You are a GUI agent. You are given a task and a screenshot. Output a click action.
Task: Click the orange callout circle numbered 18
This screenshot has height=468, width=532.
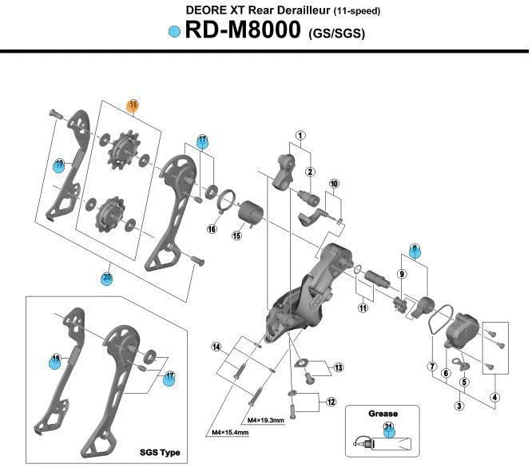coord(133,105)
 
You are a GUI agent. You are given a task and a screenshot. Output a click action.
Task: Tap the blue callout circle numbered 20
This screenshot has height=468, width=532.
coord(106,278)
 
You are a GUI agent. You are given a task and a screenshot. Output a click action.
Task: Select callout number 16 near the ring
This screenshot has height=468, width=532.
coord(212,229)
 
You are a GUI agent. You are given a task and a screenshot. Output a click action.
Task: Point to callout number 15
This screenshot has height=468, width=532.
coord(236,236)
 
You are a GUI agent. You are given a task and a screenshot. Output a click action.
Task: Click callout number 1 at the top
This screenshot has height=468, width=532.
coord(300,136)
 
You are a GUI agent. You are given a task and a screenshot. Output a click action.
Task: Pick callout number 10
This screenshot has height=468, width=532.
coord(334,184)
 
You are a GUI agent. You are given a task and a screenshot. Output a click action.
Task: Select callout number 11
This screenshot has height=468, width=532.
coord(363,307)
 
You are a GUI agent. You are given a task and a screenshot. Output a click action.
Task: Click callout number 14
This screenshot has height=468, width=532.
coord(216,346)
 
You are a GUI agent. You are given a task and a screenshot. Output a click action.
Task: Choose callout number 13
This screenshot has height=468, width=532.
coord(339,367)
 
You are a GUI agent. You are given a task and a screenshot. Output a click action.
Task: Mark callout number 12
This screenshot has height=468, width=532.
coord(330,402)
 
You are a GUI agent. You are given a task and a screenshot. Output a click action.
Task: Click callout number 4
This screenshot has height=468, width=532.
coord(495,398)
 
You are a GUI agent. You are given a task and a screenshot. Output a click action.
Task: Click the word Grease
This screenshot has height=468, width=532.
coord(383,414)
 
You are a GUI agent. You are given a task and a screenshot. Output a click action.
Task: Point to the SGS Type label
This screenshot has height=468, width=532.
coord(159,453)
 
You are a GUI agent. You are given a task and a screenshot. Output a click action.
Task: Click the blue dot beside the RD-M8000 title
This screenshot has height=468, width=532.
coord(173,32)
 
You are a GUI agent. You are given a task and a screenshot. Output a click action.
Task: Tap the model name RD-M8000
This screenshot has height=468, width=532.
coord(242,31)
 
